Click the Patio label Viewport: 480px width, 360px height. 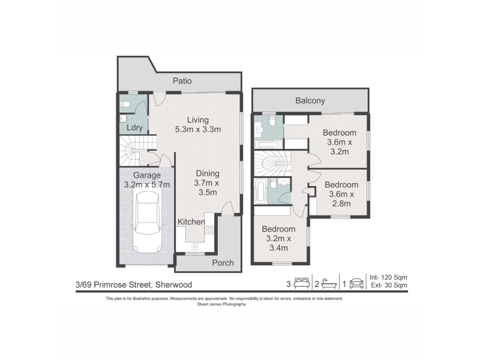click(x=182, y=81)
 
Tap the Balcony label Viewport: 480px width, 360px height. click(x=310, y=101)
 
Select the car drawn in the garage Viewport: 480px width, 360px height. click(x=146, y=222)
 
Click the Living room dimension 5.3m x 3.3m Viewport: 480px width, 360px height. click(x=198, y=130)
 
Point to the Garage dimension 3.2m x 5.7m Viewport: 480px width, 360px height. click(x=147, y=185)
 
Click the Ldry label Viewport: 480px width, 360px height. click(x=134, y=128)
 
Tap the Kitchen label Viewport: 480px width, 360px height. click(x=191, y=221)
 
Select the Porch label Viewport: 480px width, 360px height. click(x=223, y=263)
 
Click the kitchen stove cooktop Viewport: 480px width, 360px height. click(x=209, y=230)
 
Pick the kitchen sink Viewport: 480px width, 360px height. click(x=194, y=247)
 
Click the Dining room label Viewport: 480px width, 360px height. click(x=208, y=173)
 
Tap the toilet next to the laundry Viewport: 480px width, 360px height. click(x=125, y=104)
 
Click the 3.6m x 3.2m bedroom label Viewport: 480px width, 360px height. click(x=340, y=142)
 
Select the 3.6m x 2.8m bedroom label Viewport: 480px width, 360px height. click(x=341, y=194)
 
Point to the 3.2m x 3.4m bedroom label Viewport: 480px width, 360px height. click(x=278, y=238)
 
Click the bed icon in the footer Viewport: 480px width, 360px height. click(x=302, y=283)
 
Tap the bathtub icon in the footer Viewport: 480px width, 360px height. click(x=329, y=283)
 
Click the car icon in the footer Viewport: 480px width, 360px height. click(x=356, y=283)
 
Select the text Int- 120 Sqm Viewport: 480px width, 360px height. click(x=388, y=277)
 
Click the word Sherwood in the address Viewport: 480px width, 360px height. click(x=173, y=284)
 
